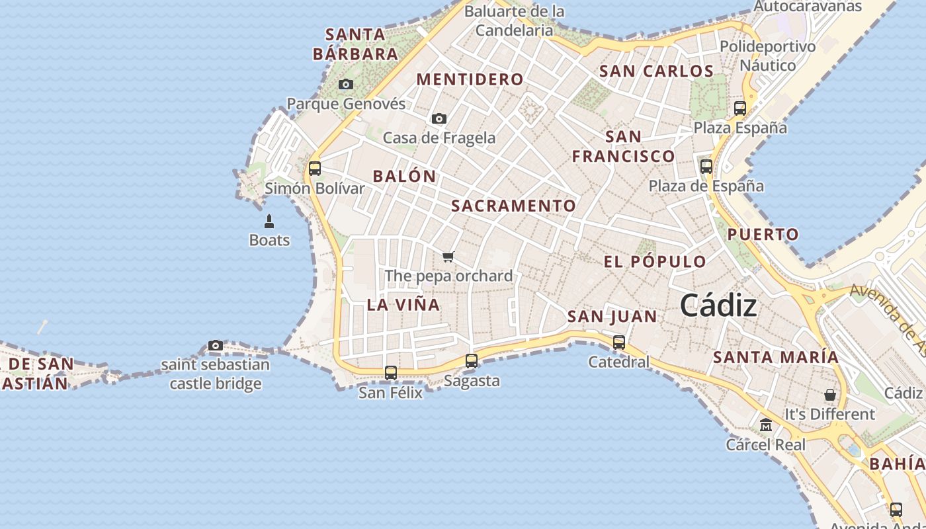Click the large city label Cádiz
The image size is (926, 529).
pos(718,305)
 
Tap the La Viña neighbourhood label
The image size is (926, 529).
pos(403,305)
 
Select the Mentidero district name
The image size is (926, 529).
pos(470,79)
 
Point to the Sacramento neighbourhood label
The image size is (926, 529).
pos(513,206)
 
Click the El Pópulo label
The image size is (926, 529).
pos(655,261)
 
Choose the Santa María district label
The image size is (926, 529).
pos(775,357)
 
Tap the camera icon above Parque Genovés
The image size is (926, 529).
pos(345,84)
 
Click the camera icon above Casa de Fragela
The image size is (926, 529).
pos(439,118)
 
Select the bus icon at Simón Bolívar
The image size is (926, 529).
pos(315,168)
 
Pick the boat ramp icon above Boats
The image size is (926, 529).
pos(269,221)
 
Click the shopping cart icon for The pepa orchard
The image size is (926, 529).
pos(448,257)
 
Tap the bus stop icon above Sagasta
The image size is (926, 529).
pos(472,361)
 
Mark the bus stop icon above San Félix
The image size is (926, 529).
pos(391,373)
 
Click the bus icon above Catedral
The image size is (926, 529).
pos(619,343)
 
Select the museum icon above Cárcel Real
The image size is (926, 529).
pos(766,425)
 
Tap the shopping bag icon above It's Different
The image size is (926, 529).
pos(829,395)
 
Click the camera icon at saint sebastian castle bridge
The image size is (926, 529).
pos(216,345)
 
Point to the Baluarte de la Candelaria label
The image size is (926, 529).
pos(514,20)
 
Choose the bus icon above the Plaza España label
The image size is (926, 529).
pos(740,108)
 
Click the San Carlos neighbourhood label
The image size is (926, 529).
pos(656,71)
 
